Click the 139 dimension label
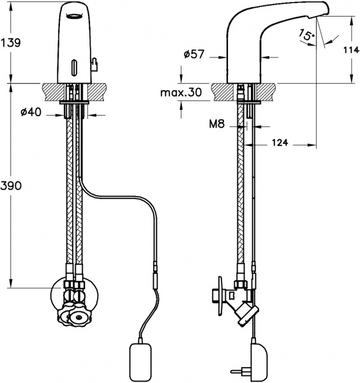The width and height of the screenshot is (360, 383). (11, 43)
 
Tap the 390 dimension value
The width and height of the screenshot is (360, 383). (11, 186)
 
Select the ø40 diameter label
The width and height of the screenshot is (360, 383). (31, 112)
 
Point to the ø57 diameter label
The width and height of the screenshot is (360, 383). (193, 54)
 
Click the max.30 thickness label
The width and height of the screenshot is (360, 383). (181, 93)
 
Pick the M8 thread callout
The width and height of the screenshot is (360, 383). (216, 124)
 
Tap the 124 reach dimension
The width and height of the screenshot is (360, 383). (280, 142)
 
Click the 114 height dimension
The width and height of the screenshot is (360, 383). (352, 50)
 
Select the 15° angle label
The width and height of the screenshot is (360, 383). (307, 34)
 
